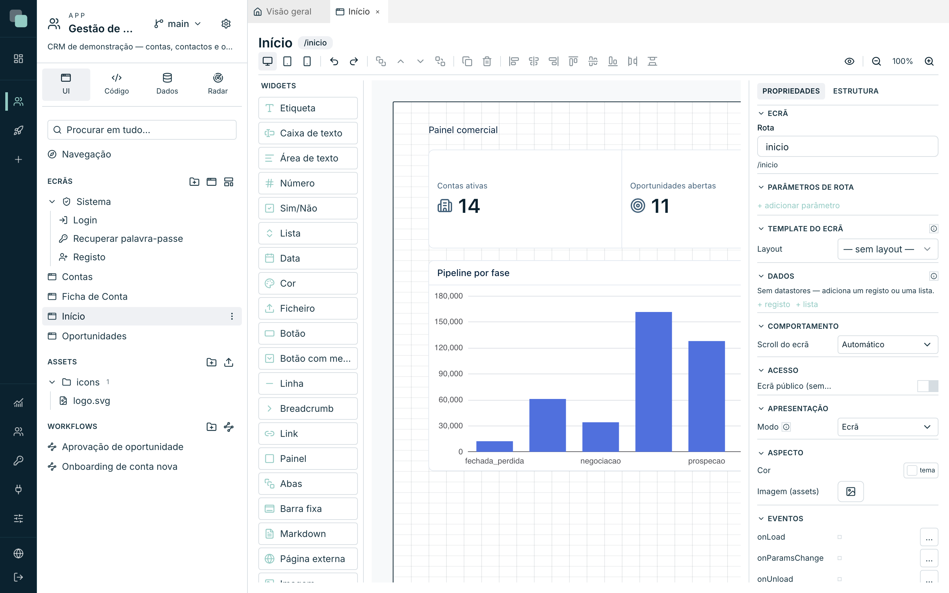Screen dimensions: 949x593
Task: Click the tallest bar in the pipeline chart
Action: (653, 381)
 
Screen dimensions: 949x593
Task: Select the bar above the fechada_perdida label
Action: (495, 446)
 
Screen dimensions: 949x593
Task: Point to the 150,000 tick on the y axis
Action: (448, 322)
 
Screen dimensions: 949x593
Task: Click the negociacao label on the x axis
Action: (600, 461)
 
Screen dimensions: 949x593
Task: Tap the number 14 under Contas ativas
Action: (469, 206)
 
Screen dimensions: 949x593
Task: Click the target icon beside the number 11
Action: (638, 206)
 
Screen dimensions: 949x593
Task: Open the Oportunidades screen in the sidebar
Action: (94, 336)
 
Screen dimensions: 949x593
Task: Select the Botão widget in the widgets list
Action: (308, 333)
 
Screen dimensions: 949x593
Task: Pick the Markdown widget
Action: (308, 534)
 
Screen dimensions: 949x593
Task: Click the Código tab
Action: (116, 84)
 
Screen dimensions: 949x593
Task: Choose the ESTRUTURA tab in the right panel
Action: (856, 91)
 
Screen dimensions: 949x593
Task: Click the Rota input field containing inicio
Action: (848, 147)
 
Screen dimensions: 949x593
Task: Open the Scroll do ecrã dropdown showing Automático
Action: (887, 344)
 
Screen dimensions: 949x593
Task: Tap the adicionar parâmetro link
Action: (798, 206)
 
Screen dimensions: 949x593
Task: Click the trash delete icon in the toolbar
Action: (487, 61)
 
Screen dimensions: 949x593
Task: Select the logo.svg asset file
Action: (91, 401)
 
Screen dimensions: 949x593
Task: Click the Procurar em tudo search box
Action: (142, 130)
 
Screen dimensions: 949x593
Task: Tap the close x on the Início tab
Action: (378, 12)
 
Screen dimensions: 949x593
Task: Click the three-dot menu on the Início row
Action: (232, 317)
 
